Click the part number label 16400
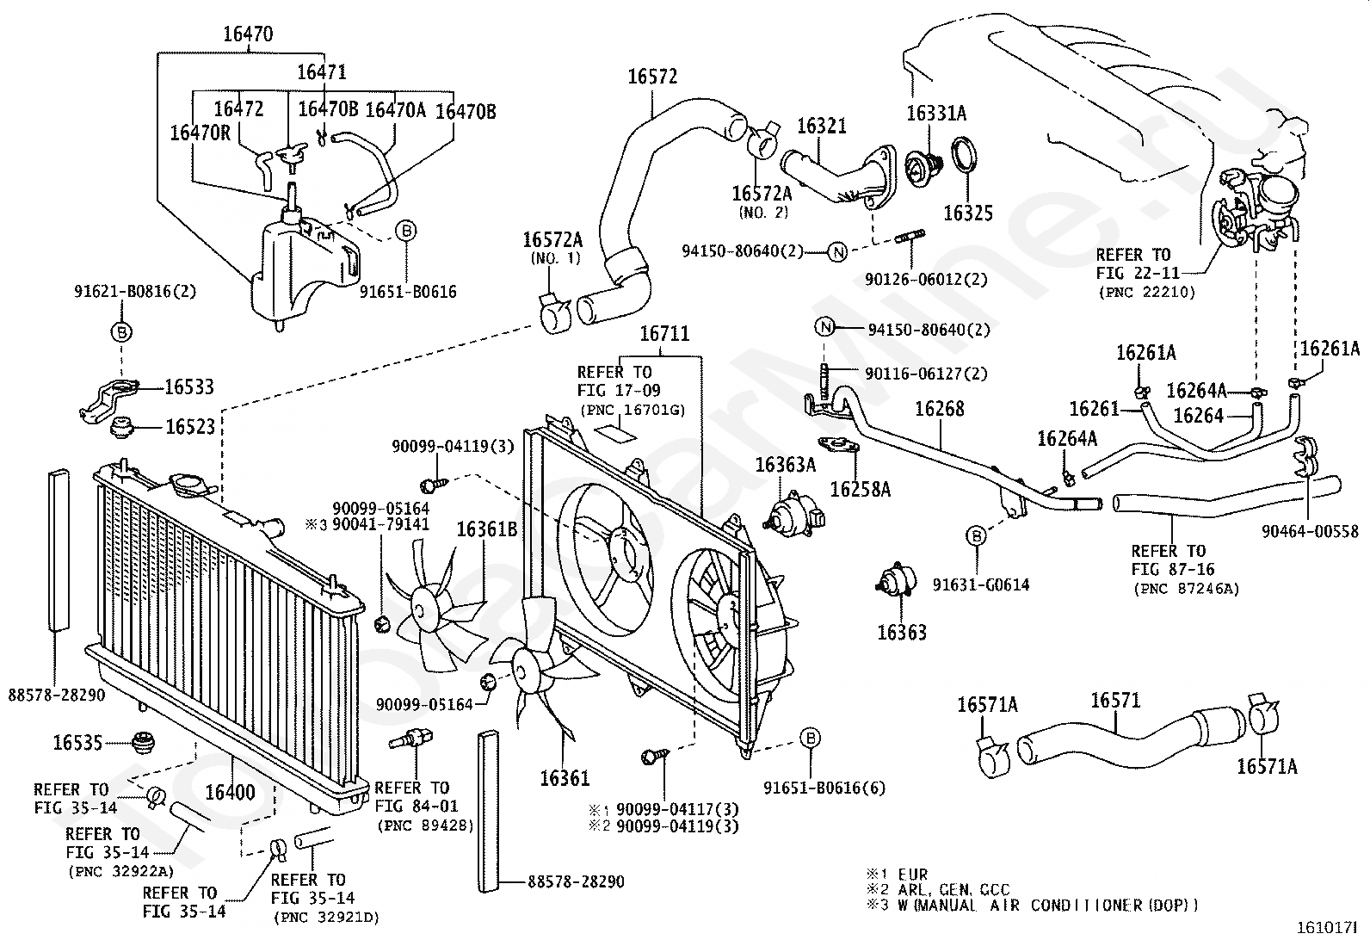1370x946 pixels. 230,793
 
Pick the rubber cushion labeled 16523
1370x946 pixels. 123,427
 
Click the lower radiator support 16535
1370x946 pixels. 143,742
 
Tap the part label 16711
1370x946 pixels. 664,333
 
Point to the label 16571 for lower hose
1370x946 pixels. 1115,700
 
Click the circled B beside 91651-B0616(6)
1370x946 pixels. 811,739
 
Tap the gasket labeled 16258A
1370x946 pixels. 838,447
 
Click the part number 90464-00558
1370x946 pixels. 1310,532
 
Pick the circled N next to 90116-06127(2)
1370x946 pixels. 825,327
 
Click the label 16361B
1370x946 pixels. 486,529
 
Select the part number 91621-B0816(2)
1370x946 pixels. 135,291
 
